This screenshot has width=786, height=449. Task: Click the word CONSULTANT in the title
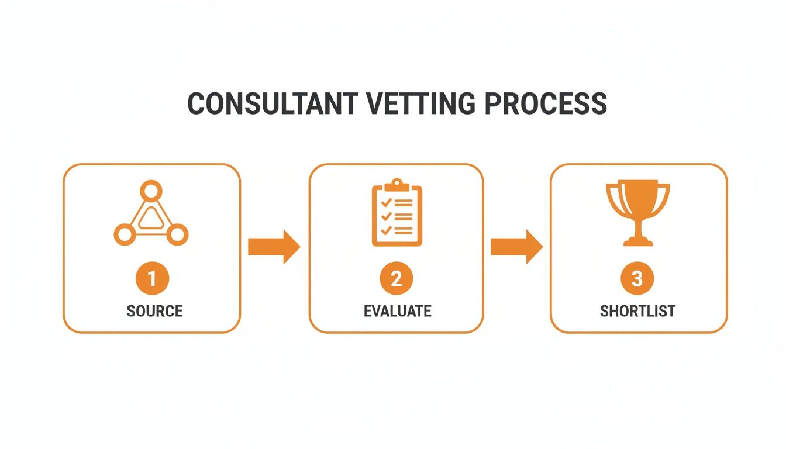(x=271, y=103)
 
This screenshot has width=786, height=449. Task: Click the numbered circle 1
(x=152, y=279)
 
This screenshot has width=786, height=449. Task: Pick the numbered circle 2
(x=396, y=279)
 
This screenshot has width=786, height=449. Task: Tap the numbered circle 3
(x=637, y=279)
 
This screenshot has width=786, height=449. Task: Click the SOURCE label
(x=154, y=310)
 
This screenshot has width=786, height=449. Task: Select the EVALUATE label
(x=397, y=310)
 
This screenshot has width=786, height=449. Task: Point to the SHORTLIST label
(x=637, y=310)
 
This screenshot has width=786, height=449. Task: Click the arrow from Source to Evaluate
(x=274, y=247)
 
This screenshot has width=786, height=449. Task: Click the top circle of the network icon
(x=151, y=191)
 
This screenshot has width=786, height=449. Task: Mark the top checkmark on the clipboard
(x=385, y=202)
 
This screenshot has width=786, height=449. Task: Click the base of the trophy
(x=637, y=241)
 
